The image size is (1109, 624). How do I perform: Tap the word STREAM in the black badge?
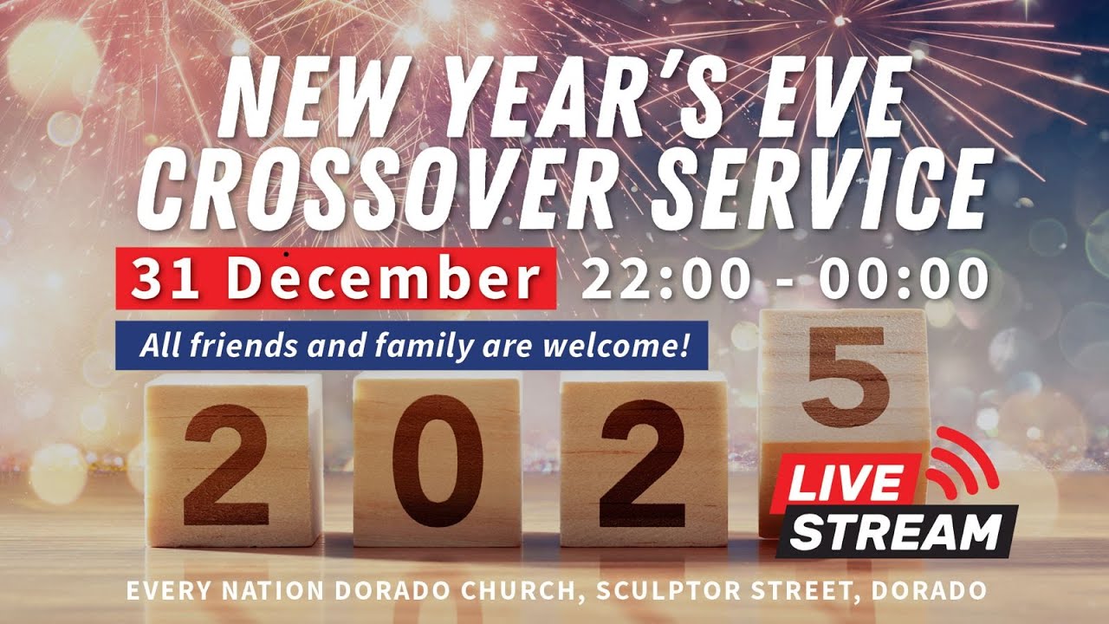(897, 530)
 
